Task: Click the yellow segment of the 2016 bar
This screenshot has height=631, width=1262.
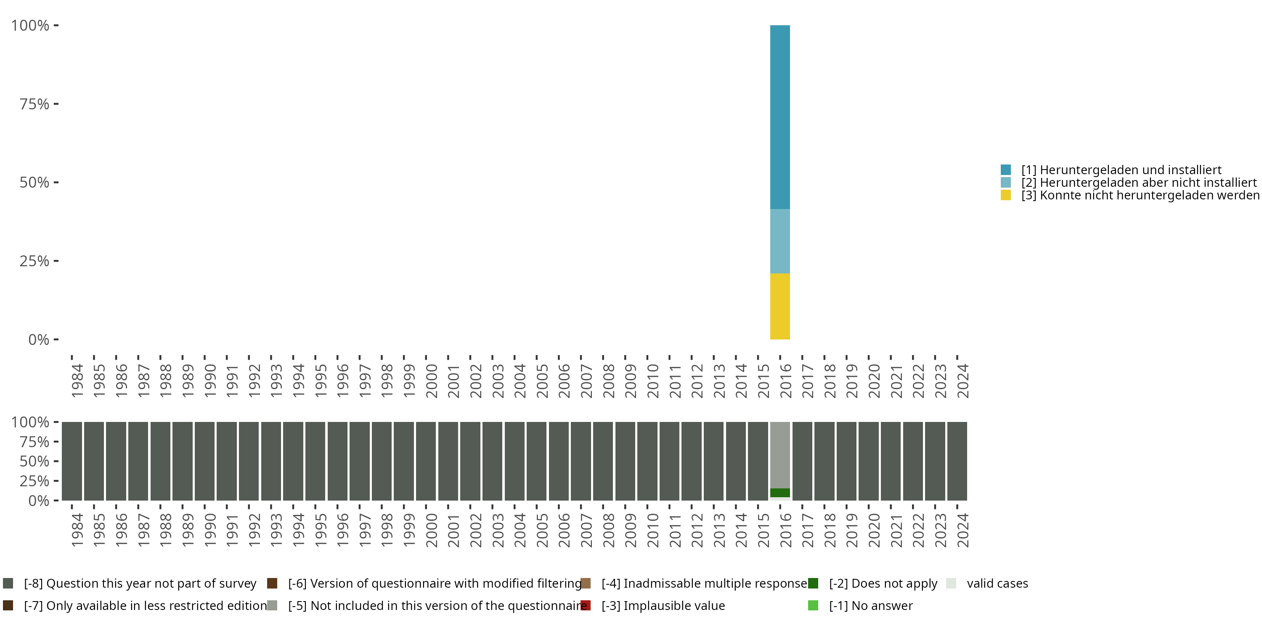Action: [x=780, y=306]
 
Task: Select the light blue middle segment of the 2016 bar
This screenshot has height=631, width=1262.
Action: [x=780, y=241]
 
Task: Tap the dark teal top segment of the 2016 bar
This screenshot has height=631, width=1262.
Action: [x=780, y=118]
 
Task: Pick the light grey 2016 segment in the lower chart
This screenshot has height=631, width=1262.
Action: [x=780, y=455]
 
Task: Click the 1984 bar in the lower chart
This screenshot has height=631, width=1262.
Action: [x=72, y=461]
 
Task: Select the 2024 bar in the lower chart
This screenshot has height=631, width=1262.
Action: [x=957, y=461]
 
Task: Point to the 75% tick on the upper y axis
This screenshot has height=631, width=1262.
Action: [x=56, y=104]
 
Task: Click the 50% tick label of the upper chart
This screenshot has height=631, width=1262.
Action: [x=34, y=183]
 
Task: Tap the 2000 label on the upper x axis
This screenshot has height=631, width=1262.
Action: [x=431, y=381]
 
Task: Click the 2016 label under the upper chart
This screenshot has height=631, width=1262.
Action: [x=785, y=381]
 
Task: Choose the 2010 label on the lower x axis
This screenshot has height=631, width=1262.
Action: [x=652, y=530]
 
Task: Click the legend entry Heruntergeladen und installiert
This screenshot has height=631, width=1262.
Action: [x=1121, y=170]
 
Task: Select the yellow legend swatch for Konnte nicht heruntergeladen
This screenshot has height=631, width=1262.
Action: [x=1006, y=196]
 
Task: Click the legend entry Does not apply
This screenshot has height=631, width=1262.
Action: [x=883, y=583]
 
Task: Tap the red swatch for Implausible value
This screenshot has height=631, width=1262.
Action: [x=586, y=605]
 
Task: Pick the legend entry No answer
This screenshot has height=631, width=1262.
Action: [x=870, y=605]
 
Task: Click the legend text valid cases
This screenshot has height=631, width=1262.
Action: [x=997, y=583]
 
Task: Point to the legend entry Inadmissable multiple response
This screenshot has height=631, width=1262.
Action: [x=704, y=583]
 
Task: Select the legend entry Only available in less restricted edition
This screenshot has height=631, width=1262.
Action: [x=145, y=605]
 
